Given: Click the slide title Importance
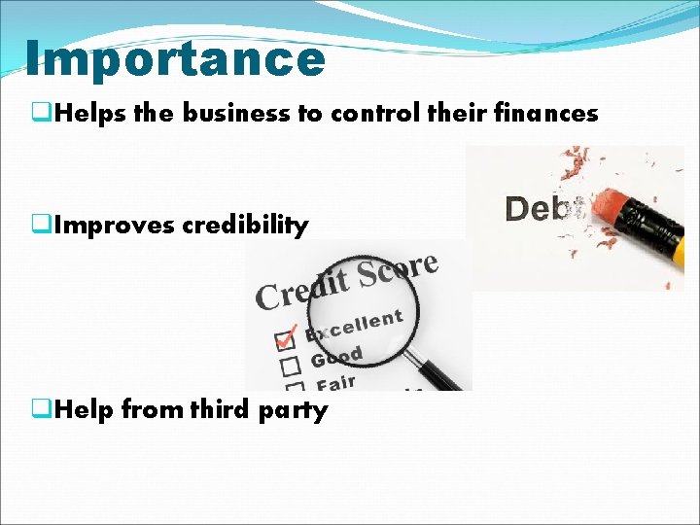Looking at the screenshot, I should (x=175, y=58).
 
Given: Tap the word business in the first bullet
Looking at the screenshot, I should (x=237, y=114).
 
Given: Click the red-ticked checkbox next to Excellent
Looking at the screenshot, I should (x=286, y=340).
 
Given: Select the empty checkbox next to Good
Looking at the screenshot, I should (x=289, y=366).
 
